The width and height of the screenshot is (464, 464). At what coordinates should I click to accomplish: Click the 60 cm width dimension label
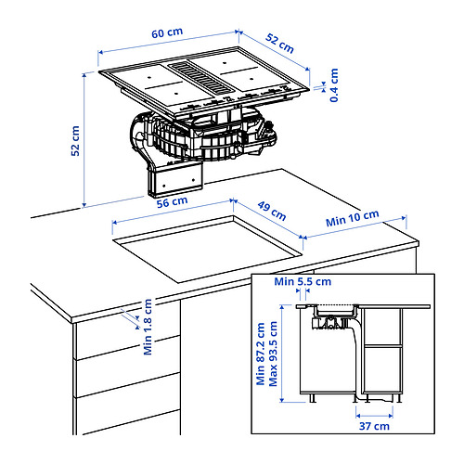tap(167, 33)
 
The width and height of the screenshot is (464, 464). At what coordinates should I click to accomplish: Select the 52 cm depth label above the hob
tap(279, 42)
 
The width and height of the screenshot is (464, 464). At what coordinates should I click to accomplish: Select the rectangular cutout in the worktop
tap(208, 248)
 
